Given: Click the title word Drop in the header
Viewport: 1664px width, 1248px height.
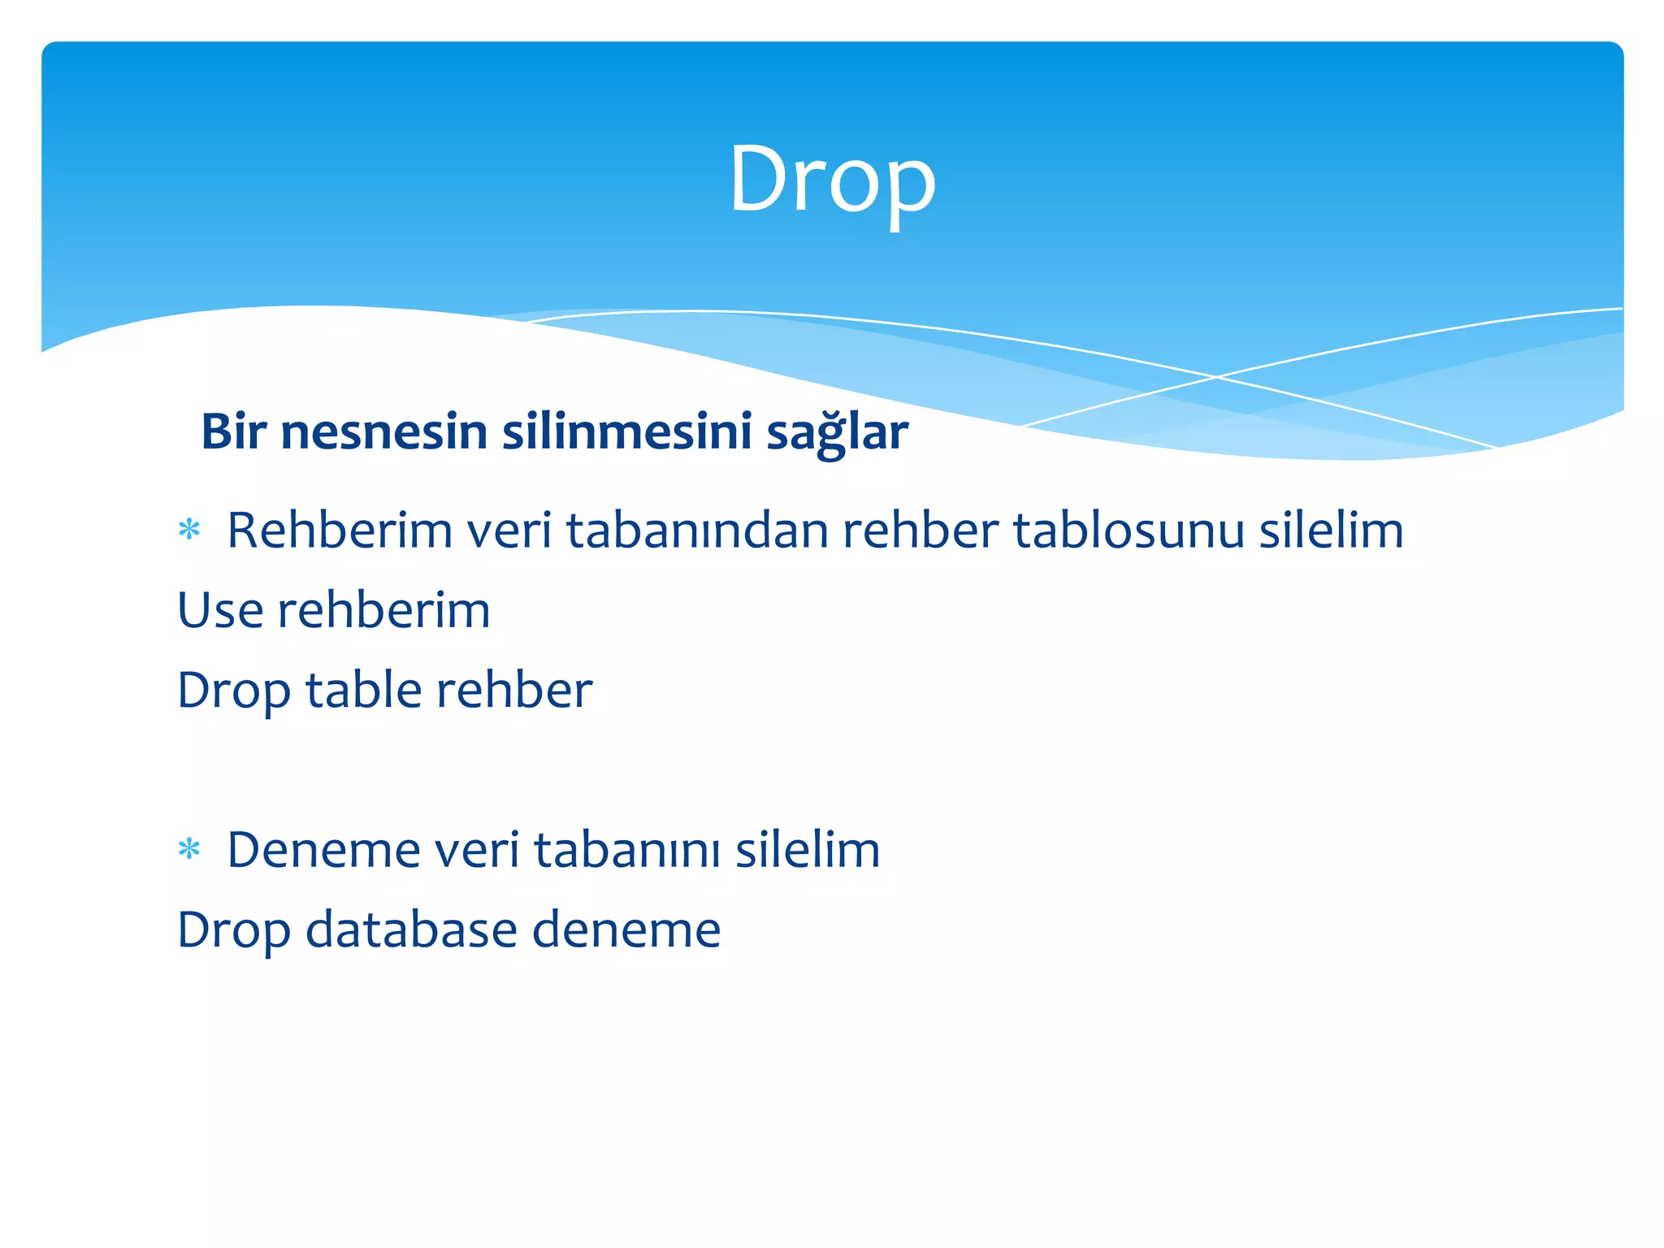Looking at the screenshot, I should pyautogui.click(x=832, y=180).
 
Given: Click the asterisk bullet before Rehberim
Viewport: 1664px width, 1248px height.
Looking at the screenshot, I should pyautogui.click(x=189, y=531).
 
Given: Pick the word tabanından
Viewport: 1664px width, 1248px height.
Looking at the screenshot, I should pyautogui.click(x=697, y=531).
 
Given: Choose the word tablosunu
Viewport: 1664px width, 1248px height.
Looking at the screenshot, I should pyautogui.click(x=1129, y=531).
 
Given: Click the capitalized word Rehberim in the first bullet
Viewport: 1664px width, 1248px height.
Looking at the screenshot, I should pyautogui.click(x=340, y=531).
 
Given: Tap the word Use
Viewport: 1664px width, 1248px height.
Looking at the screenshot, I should pyautogui.click(x=220, y=610).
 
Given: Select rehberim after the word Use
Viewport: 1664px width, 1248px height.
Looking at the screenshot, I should pyautogui.click(x=384, y=610).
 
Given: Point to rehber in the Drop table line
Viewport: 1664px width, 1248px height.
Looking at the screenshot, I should pyautogui.click(x=514, y=691).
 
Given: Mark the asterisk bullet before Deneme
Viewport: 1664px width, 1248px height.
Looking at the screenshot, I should pyautogui.click(x=189, y=850).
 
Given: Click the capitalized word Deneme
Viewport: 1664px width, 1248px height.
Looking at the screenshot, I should pyautogui.click(x=324, y=850).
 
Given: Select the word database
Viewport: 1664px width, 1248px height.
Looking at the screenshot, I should pyautogui.click(x=411, y=929).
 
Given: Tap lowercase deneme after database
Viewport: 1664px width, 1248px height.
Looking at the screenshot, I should pyautogui.click(x=626, y=929).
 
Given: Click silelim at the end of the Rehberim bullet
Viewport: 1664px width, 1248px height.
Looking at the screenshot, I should pyautogui.click(x=1331, y=531).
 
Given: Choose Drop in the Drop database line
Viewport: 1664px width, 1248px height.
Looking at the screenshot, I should pyautogui.click(x=233, y=931).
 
